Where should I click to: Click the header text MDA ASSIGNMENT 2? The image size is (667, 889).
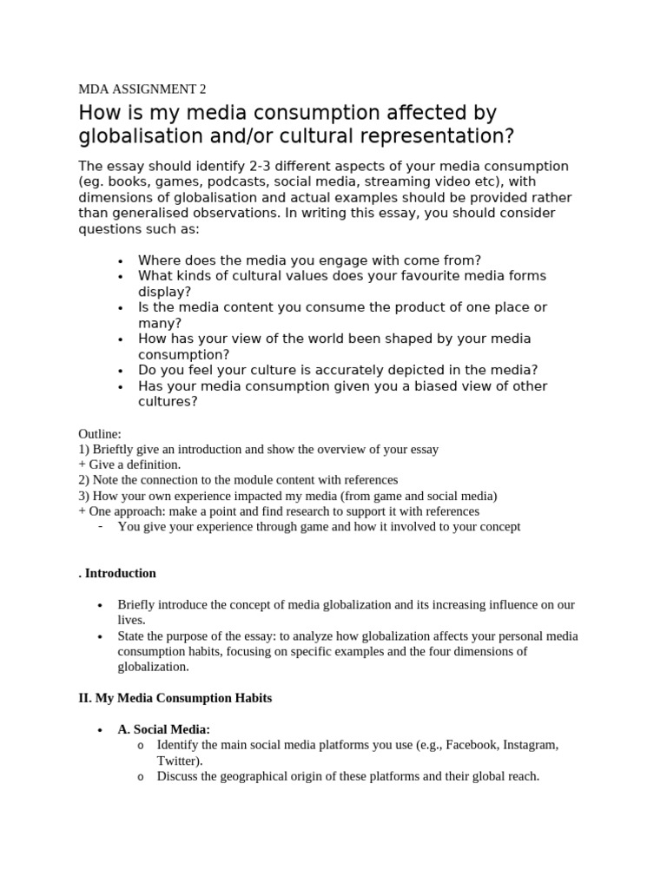point(142,89)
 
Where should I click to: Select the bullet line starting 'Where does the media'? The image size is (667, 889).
point(309,260)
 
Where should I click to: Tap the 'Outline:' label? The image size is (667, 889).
point(101,434)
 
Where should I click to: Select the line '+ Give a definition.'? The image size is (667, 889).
point(129,464)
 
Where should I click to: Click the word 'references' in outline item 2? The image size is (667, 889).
point(367,480)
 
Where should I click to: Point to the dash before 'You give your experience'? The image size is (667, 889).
point(102,526)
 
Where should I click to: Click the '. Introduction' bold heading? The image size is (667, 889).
point(117,573)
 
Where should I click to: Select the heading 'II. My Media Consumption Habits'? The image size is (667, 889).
point(175,698)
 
